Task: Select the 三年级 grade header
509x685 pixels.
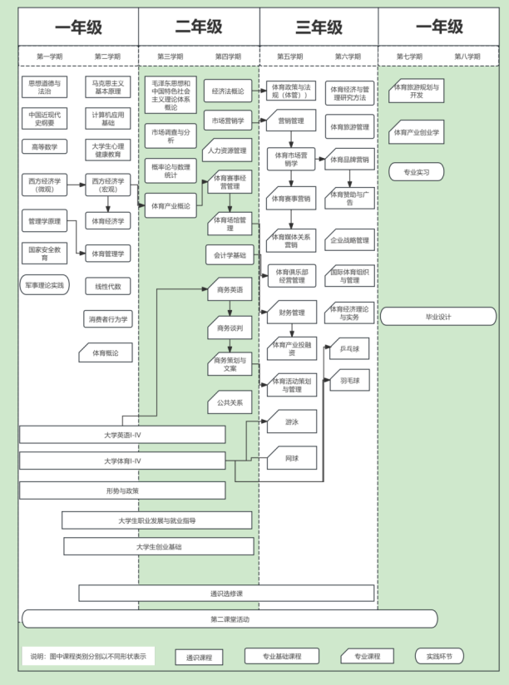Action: [x=318, y=27]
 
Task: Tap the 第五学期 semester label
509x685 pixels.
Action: [x=290, y=57]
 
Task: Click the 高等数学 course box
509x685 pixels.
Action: [x=44, y=147]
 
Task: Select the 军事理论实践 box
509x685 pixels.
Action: [x=44, y=285]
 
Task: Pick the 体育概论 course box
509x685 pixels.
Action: [x=106, y=353]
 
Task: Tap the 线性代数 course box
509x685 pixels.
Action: [x=107, y=287]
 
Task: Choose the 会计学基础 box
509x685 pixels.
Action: [x=229, y=255]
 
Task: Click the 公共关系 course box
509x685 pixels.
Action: [x=230, y=402]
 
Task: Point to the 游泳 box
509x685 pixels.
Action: [x=291, y=421]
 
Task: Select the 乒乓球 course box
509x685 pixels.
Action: [x=349, y=349]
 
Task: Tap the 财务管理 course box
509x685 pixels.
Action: [x=292, y=313]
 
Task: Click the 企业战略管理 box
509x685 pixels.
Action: [x=349, y=240]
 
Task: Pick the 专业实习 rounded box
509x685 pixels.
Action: [x=416, y=172]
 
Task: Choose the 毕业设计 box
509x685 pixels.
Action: [x=438, y=317]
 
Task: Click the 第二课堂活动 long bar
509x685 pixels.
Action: [x=230, y=619]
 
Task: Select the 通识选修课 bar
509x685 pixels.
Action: [x=226, y=594]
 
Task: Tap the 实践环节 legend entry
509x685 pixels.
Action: [x=439, y=656]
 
